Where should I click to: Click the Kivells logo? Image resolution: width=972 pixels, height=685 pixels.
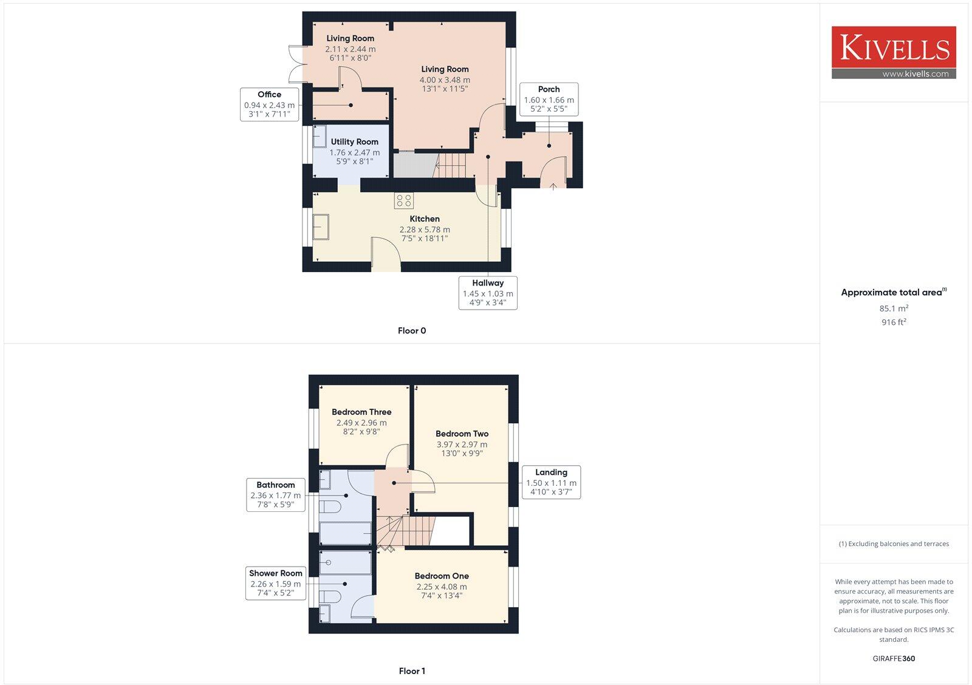[894, 52]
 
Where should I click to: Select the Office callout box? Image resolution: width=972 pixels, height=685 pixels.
[269, 104]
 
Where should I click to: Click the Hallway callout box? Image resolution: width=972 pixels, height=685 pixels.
[488, 292]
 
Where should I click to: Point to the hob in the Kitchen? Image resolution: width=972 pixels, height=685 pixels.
[404, 200]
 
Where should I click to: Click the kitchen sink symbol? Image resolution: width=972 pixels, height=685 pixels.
[321, 227]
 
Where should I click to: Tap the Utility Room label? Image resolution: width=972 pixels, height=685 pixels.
[355, 141]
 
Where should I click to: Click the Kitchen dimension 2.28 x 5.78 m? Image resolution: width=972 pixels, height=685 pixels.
[425, 230]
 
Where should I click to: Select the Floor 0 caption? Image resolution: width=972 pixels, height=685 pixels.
[412, 331]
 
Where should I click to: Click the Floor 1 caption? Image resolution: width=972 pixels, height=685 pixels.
[412, 671]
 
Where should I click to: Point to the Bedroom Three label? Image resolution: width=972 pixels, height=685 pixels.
[361, 412]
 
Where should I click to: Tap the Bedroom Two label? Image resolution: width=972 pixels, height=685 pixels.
[462, 434]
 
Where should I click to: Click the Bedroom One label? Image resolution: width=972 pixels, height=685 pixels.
[442, 576]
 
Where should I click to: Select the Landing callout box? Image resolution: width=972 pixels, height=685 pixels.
[551, 482]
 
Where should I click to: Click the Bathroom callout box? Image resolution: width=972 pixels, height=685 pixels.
[275, 494]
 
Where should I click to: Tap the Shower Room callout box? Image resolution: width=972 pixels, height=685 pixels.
[275, 583]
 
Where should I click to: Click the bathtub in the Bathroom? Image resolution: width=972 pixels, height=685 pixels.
[345, 533]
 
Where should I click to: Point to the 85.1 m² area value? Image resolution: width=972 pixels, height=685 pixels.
[894, 308]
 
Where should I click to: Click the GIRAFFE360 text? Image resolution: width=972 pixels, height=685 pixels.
[894, 658]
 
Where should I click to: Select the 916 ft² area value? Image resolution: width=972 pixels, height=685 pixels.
[894, 322]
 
